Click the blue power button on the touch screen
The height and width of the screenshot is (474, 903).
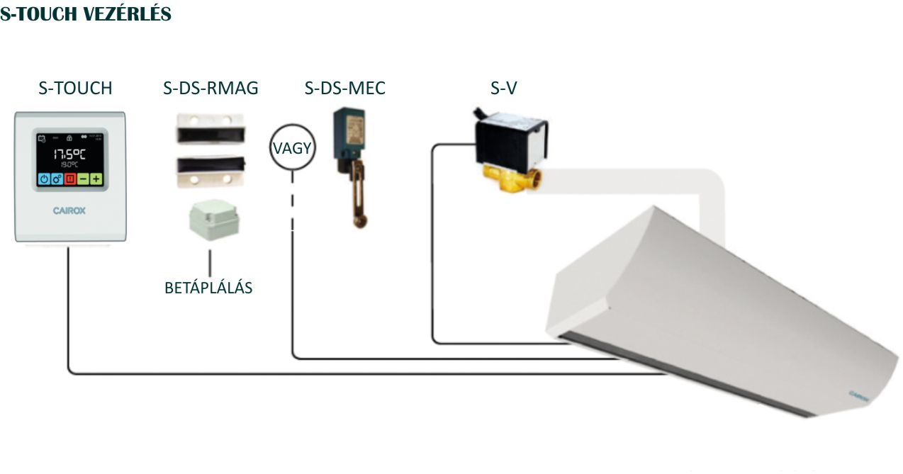pyautogui.click(x=44, y=179)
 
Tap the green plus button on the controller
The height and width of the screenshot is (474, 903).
pyautogui.click(x=96, y=179)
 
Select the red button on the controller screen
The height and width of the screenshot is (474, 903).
pyautogui.click(x=69, y=179)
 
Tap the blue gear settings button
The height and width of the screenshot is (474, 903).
pyautogui.click(x=57, y=179)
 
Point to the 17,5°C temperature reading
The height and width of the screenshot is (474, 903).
pyautogui.click(x=69, y=155)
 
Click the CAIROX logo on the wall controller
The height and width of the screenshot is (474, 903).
pyautogui.click(x=69, y=210)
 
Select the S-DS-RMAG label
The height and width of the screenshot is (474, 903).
pyautogui.click(x=211, y=89)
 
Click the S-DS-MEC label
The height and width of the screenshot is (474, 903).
pyautogui.click(x=345, y=89)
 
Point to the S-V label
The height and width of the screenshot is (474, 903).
pyautogui.click(x=503, y=89)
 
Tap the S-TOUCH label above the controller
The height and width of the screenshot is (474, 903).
pyautogui.click(x=75, y=89)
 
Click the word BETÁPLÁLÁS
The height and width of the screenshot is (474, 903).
pyautogui.click(x=208, y=288)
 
